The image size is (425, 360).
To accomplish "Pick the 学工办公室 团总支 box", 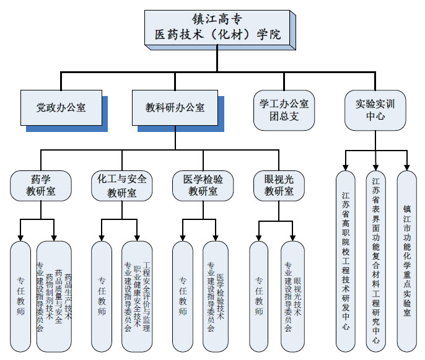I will point(284,110).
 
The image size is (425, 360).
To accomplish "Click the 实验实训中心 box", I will point(375,110).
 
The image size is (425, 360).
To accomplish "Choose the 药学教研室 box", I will point(40,185).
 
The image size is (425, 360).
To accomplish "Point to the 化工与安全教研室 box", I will point(122,185).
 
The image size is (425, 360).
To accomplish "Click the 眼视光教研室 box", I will point(278,185).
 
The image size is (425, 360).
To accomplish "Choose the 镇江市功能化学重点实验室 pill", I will point(406,260).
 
